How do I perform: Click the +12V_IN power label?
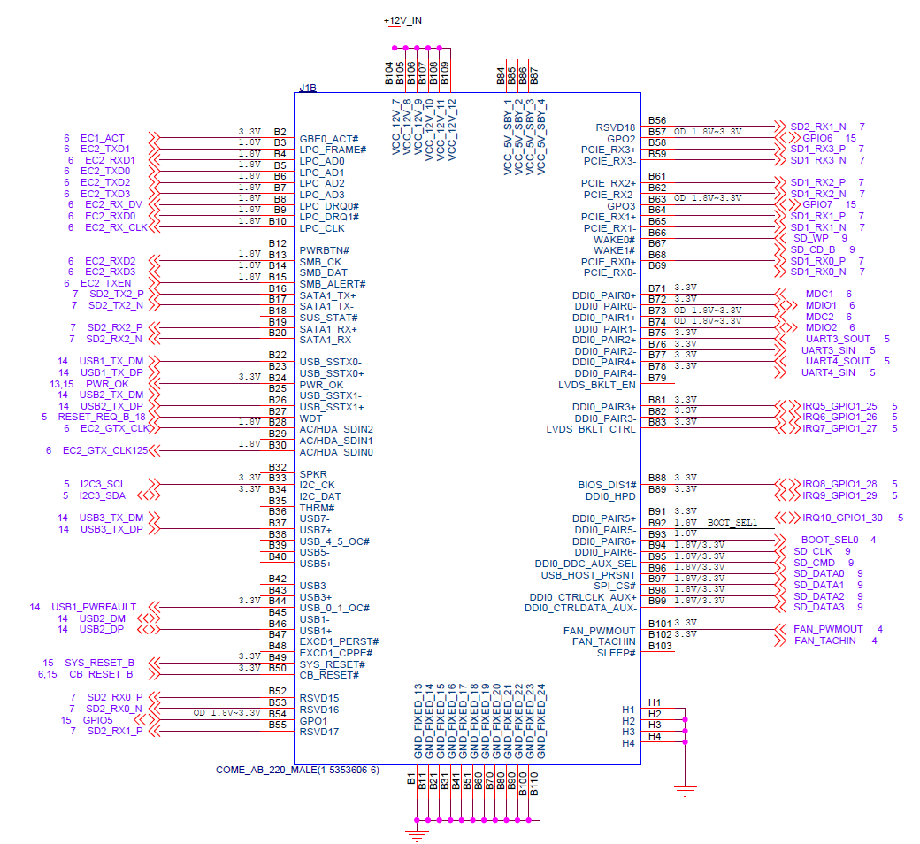[x=402, y=20]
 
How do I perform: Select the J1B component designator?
[x=308, y=88]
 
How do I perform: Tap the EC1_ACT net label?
[x=102, y=138]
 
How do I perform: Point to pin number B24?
[x=278, y=378]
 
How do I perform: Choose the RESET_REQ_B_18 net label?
[x=102, y=417]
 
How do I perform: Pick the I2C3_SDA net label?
[x=102, y=495]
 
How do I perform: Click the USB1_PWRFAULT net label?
[x=94, y=607]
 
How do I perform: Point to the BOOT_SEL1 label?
[x=732, y=522]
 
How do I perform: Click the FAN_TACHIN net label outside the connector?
[x=825, y=641]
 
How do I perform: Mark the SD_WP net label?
[x=811, y=238]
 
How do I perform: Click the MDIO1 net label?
[x=821, y=305]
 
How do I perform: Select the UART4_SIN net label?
[x=829, y=372]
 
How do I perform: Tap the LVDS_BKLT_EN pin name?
[x=597, y=385]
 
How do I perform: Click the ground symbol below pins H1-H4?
[x=685, y=791]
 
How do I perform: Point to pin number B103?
[x=660, y=646]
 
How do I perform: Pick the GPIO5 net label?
[x=97, y=720]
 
